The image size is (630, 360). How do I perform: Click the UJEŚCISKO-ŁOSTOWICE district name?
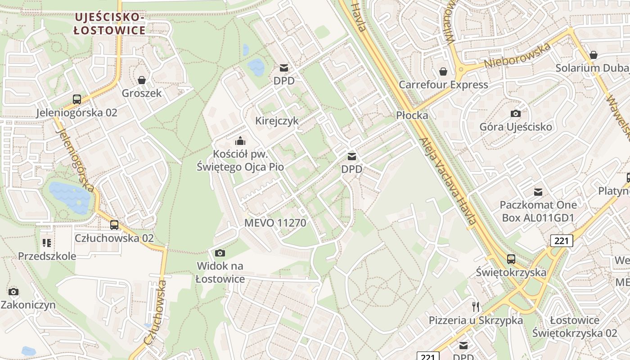110,24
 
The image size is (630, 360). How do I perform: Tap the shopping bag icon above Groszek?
142,80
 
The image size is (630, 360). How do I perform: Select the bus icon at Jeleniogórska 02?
77,99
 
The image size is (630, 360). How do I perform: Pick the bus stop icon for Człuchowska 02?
114,225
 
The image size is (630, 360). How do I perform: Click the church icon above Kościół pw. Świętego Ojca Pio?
240,141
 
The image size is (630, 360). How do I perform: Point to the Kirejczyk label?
277,121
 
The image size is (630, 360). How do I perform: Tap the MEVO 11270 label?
275,223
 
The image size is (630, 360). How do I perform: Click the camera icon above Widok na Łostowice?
220,253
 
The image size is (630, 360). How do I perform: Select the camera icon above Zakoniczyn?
13,292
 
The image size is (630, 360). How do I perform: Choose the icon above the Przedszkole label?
47,243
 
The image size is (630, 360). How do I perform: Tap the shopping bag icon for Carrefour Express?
443,72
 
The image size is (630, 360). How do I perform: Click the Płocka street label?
412,115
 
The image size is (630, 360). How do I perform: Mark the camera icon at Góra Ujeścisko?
516,113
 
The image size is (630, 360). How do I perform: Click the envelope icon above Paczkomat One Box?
538,192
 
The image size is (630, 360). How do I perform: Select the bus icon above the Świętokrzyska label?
511,259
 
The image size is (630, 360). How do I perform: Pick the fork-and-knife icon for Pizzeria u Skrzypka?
476,307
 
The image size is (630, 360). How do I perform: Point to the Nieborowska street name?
517,56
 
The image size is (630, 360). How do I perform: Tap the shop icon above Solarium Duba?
594,55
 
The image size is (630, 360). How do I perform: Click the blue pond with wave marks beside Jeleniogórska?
70,197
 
